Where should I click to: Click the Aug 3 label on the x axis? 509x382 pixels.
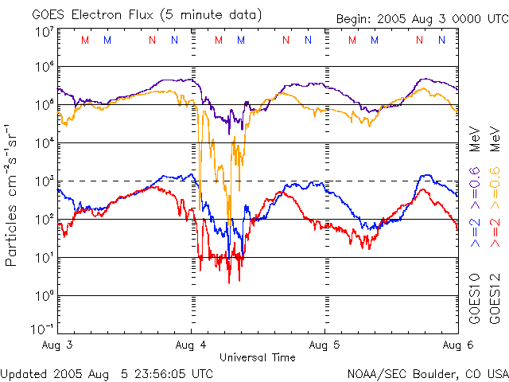[x=59, y=346]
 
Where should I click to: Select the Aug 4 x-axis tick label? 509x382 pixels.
[x=191, y=346]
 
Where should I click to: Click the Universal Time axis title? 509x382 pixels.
[x=257, y=357]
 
